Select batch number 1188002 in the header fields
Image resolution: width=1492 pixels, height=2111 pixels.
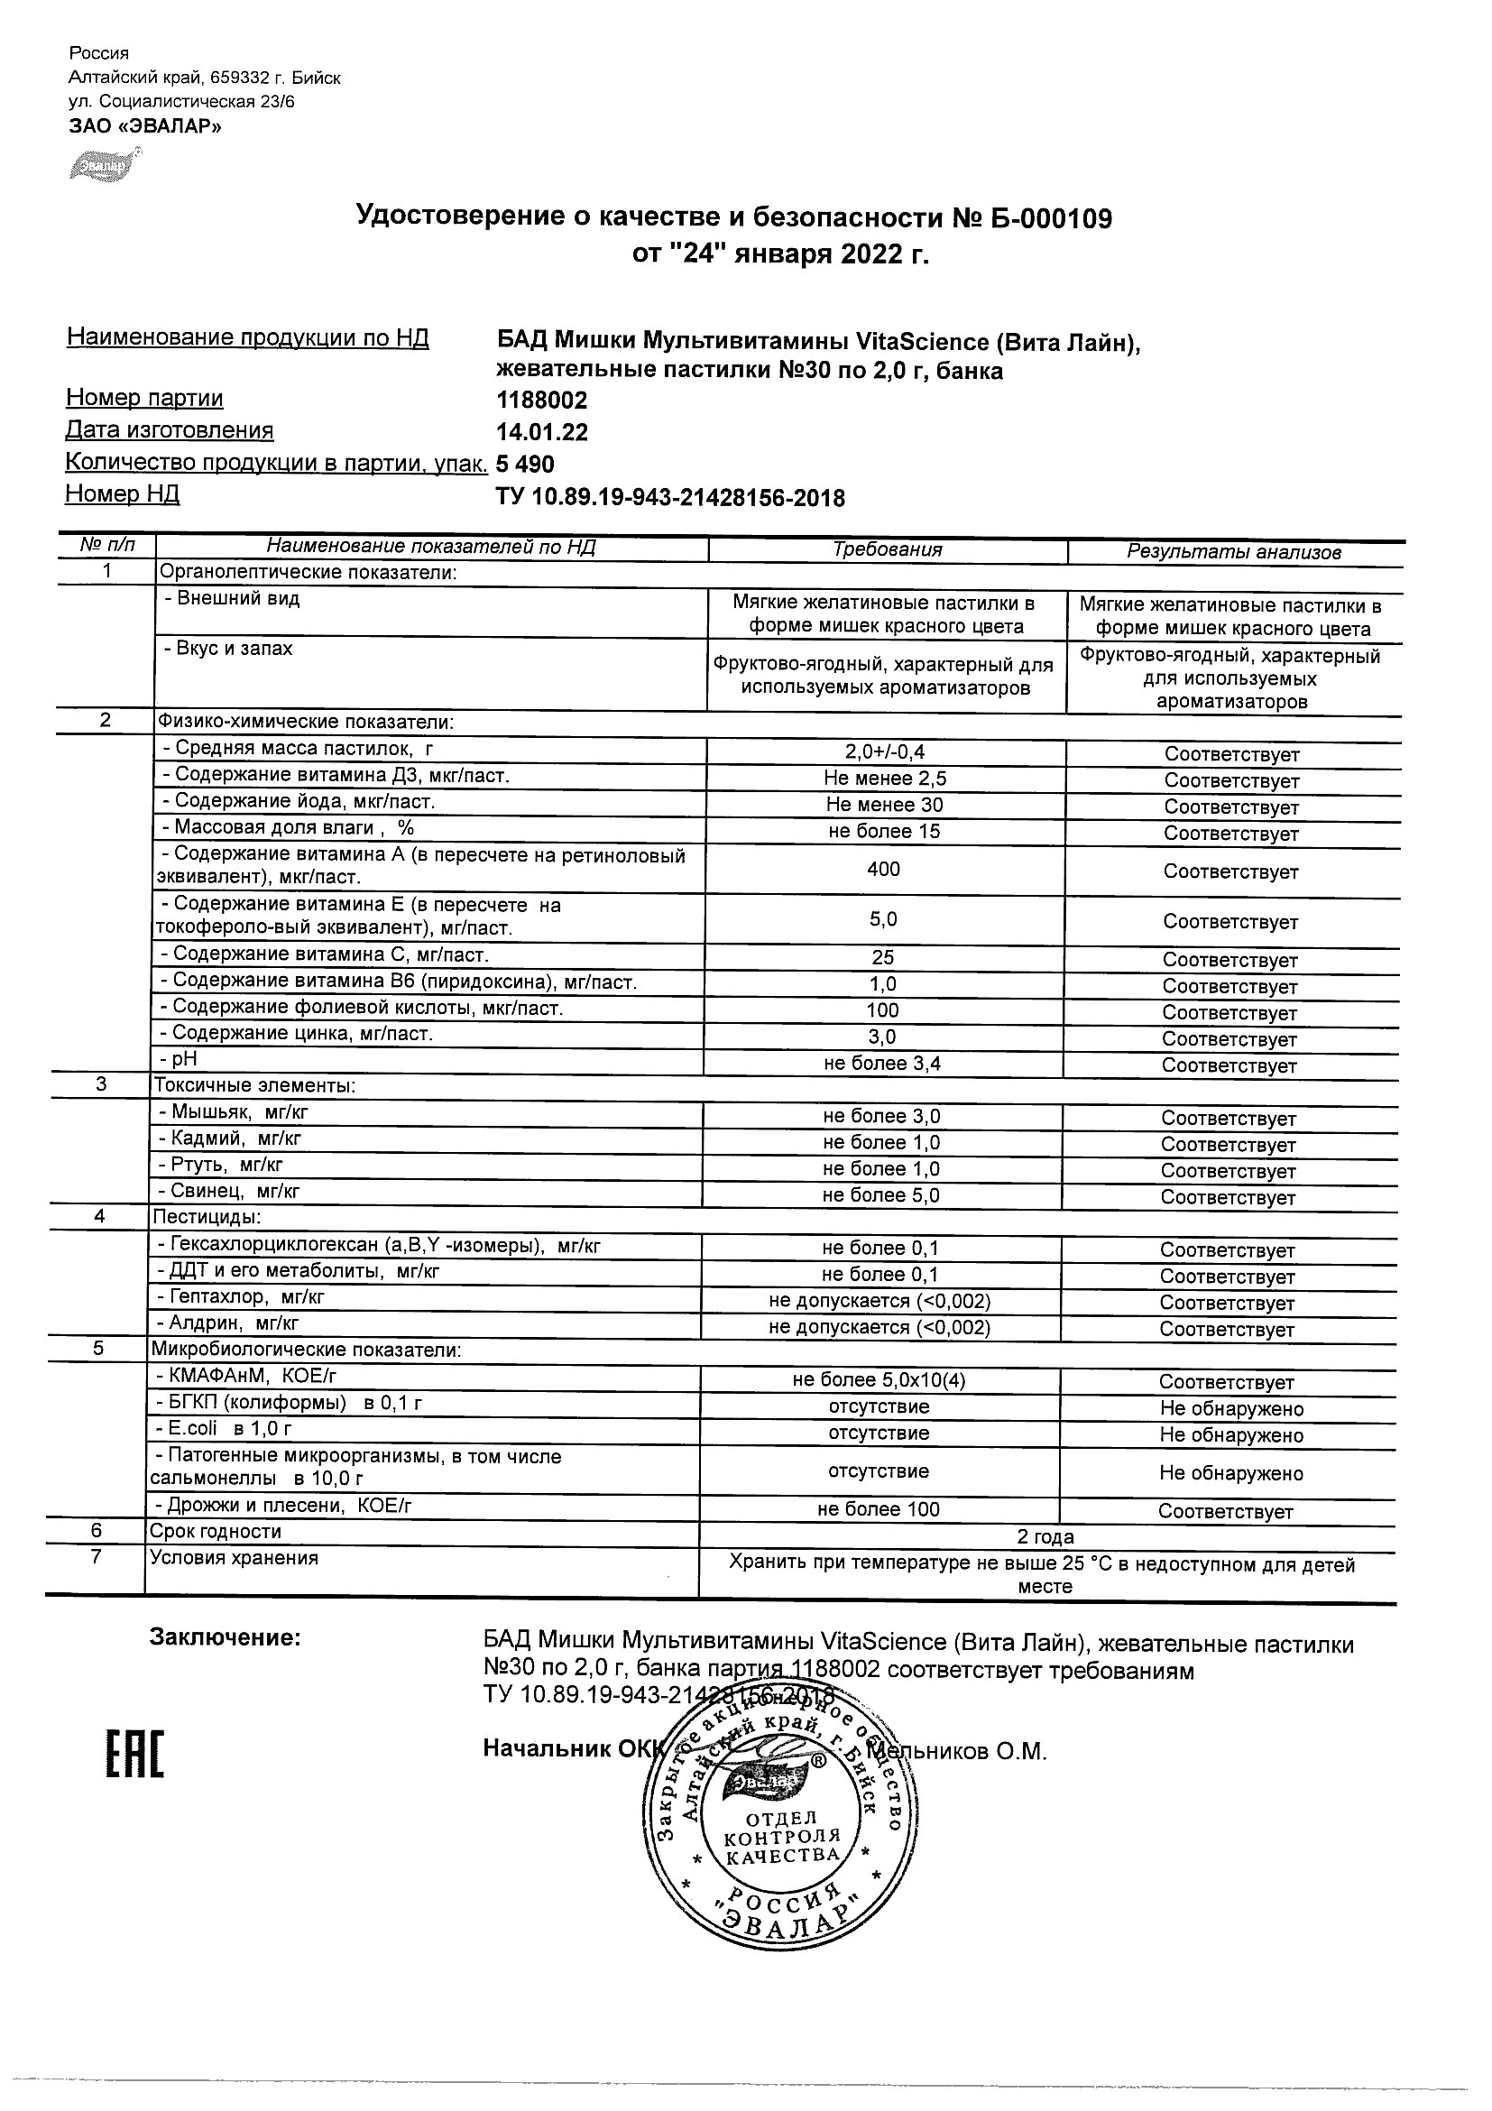[x=541, y=401]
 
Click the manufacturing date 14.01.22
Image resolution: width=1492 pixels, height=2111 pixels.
[x=541, y=432]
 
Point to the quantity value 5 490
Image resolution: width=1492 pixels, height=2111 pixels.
[x=525, y=465]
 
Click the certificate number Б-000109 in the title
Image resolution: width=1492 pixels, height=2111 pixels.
[x=1049, y=219]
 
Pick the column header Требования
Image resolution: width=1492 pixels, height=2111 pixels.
[x=887, y=549]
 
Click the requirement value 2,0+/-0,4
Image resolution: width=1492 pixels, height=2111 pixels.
[x=885, y=753]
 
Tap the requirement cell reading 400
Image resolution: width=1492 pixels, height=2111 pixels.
[x=883, y=870]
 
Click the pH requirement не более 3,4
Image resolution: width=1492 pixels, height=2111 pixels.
[x=882, y=1065]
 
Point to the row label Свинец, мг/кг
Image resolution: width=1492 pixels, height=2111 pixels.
[x=235, y=1193]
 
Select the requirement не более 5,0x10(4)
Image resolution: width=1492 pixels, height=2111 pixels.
[x=879, y=1381]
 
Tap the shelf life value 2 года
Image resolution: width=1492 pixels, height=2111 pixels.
[x=1045, y=1537]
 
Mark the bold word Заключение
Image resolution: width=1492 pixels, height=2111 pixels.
[x=226, y=1637]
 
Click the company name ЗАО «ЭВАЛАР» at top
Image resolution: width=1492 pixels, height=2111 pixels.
[x=145, y=127]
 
